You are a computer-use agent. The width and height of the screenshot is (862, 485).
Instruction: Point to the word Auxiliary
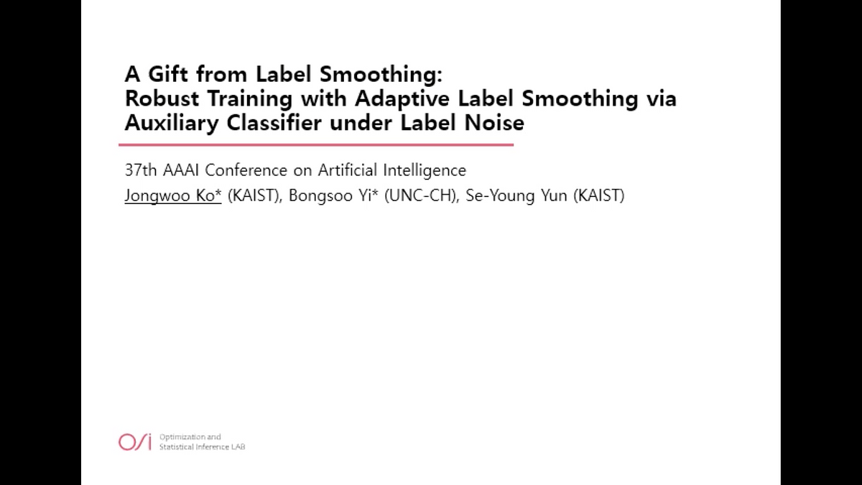click(x=172, y=122)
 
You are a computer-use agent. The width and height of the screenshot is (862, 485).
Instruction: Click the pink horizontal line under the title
click(x=316, y=144)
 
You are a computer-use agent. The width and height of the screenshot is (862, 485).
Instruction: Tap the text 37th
click(x=141, y=171)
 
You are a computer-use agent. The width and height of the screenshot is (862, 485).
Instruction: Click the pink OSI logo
click(x=134, y=442)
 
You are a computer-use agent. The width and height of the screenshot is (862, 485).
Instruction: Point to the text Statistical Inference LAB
click(x=202, y=447)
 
